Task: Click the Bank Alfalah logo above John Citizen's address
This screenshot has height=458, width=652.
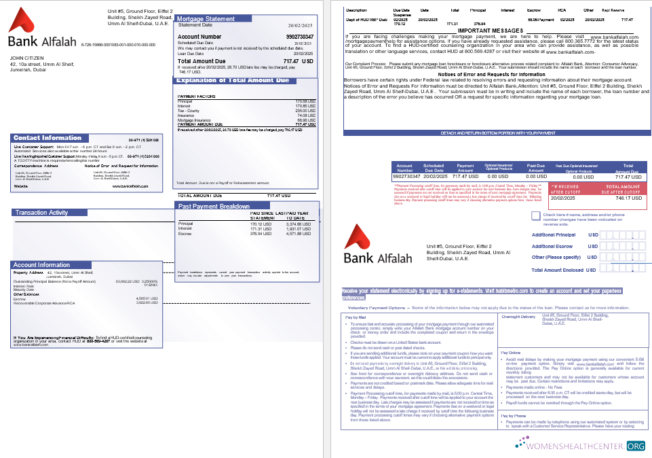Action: [42, 30]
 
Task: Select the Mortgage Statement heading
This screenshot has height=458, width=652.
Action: [206, 18]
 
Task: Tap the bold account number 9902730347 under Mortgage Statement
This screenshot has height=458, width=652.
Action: [300, 37]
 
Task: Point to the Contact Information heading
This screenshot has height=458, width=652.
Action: [47, 138]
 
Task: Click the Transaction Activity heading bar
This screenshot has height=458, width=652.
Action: [94, 213]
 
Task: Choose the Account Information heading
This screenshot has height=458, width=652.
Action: [42, 265]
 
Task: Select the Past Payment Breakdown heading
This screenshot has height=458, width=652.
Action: [214, 206]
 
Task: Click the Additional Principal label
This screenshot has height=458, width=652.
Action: [554, 235]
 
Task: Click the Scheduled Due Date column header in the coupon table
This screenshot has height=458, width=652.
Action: [434, 166]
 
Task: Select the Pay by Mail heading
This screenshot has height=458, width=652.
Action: [356, 317]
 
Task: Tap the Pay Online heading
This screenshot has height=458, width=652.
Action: [510, 353]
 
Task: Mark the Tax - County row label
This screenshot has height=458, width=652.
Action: [188, 111]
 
